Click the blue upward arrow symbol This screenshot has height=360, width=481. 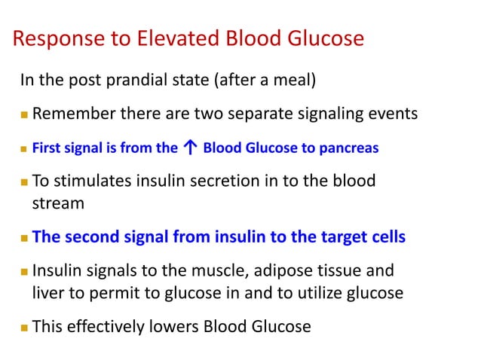(x=190, y=148)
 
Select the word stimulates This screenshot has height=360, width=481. (x=92, y=182)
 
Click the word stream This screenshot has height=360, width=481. (x=54, y=203)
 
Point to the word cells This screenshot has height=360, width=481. (x=388, y=237)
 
